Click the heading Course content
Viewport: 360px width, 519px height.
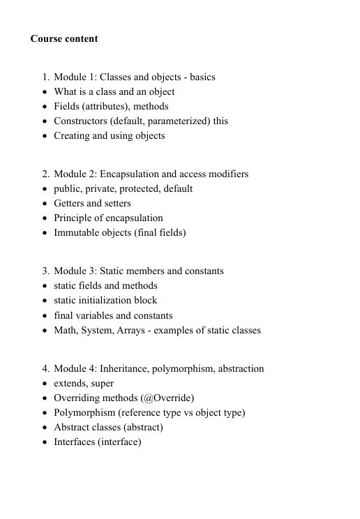point(64,38)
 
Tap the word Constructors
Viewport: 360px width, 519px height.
point(82,121)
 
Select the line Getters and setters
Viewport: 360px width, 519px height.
point(92,204)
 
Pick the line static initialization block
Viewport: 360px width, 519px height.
point(105,301)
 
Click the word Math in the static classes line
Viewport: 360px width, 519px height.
point(66,330)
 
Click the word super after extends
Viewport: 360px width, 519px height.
point(102,384)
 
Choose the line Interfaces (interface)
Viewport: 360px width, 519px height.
point(98,442)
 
